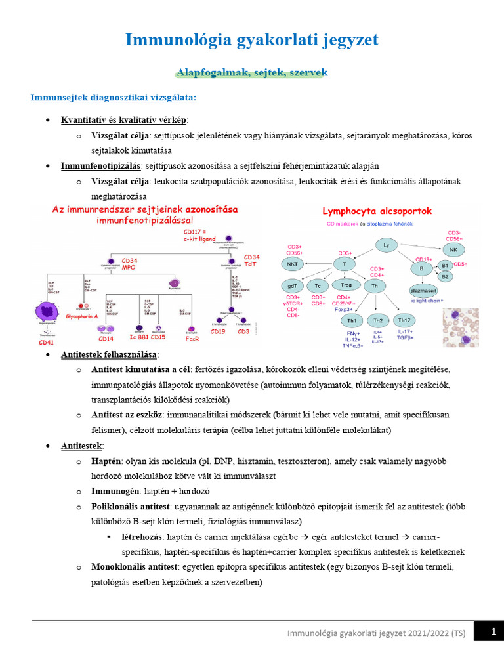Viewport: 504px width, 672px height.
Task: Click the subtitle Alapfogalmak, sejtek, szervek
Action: (251, 72)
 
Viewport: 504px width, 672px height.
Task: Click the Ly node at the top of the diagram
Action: (386, 245)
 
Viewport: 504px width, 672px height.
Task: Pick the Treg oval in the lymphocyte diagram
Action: (343, 285)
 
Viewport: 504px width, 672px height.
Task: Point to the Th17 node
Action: (405, 320)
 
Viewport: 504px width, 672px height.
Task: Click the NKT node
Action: (292, 264)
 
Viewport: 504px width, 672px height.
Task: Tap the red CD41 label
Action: (47, 342)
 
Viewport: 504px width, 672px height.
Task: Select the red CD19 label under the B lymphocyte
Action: (218, 332)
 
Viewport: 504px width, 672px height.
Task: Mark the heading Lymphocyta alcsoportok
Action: (377, 211)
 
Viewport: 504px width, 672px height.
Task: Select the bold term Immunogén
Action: (114, 491)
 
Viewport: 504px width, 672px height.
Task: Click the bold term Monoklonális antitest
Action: (135, 566)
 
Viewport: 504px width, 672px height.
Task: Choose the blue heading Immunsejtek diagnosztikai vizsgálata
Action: (113, 98)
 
